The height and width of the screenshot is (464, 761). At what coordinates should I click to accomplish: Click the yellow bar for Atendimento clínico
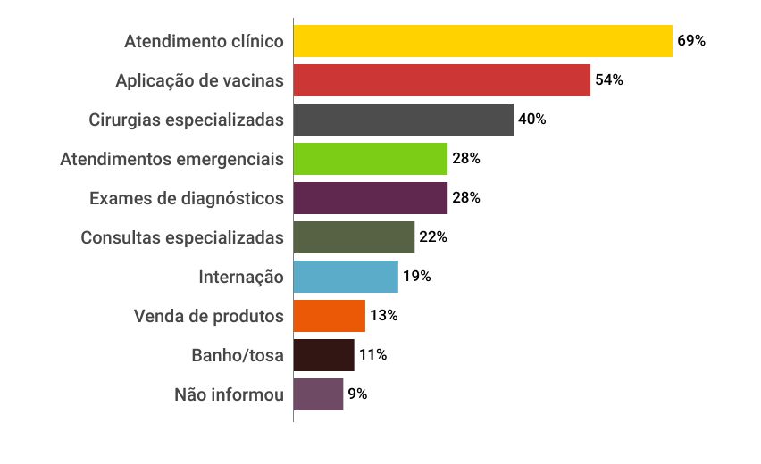tap(482, 41)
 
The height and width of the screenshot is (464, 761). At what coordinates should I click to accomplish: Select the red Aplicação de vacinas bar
tap(441, 80)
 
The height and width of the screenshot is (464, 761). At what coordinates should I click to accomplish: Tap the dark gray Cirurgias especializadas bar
tap(403, 120)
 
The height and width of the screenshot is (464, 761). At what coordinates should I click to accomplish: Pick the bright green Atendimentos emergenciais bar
tap(370, 159)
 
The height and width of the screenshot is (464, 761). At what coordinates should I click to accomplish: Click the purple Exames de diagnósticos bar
tap(370, 198)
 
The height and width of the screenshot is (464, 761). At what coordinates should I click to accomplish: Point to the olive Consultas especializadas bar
tap(354, 237)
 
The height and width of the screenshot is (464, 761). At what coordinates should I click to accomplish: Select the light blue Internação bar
tap(346, 277)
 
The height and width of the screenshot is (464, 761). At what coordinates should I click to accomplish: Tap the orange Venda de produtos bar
tap(329, 316)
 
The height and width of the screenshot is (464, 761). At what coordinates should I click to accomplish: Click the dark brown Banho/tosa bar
tap(323, 355)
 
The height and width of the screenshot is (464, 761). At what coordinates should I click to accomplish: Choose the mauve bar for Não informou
tap(318, 394)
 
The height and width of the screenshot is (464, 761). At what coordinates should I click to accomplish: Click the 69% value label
tap(691, 41)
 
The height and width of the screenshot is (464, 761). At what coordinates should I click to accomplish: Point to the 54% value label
tap(609, 80)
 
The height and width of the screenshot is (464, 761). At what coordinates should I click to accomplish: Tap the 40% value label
tap(532, 120)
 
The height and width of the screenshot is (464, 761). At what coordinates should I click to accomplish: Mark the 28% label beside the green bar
tap(466, 159)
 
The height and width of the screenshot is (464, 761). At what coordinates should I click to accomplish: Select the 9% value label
tap(357, 394)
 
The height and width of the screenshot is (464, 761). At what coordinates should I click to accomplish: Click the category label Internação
tap(241, 277)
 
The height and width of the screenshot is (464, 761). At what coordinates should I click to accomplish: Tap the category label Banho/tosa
tap(238, 355)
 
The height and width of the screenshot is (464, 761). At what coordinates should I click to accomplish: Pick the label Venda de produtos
tap(209, 316)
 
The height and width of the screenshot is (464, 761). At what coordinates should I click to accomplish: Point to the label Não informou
tap(229, 394)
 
